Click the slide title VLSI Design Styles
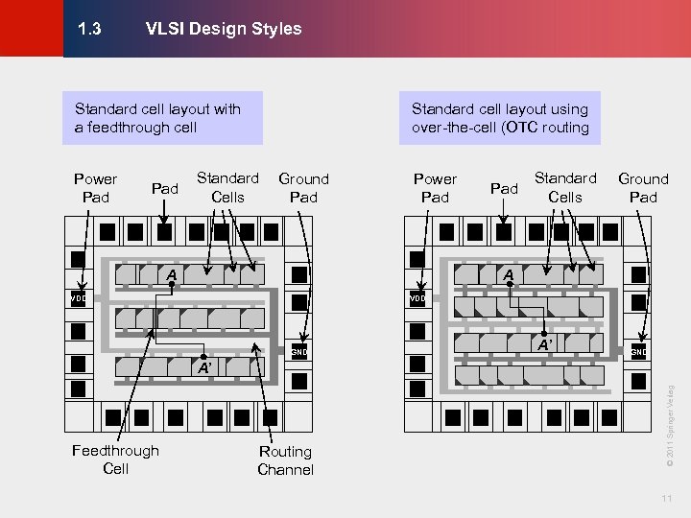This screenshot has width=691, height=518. tap(223, 29)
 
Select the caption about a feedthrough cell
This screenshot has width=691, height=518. tap(157, 118)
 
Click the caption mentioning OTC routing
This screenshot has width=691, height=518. tap(500, 118)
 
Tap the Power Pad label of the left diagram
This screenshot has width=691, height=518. tap(95, 188)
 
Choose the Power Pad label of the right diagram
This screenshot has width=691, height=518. tap(435, 188)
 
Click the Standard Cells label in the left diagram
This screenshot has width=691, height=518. tap(227, 187)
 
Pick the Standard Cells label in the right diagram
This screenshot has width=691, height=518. tap(564, 187)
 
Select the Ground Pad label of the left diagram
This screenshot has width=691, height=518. tap(303, 188)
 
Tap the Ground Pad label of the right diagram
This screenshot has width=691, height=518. tap(642, 188)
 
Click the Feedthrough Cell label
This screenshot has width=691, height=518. tap(115, 459)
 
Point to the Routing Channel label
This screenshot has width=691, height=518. tap(285, 460)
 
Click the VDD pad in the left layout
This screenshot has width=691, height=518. tap(78, 298)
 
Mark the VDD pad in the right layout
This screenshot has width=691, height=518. tap(417, 298)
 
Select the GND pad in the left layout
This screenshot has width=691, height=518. tap(299, 351)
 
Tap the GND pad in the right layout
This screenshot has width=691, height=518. tap(638, 351)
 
